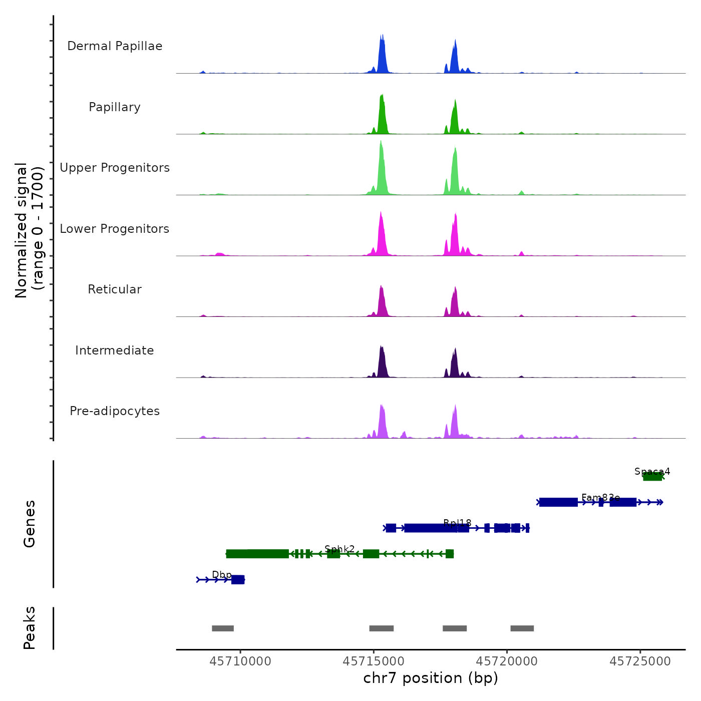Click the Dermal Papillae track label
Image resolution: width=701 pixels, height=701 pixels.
(x=115, y=46)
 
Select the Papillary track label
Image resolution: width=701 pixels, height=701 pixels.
(x=115, y=107)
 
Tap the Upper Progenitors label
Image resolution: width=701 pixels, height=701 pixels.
(x=115, y=168)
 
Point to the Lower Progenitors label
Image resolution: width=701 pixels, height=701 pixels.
(x=115, y=229)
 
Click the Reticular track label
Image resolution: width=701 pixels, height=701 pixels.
(x=115, y=289)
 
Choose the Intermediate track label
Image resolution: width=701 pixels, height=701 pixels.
(x=115, y=350)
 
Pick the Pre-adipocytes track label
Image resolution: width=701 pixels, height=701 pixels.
(x=115, y=411)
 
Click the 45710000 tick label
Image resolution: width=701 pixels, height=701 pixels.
(x=240, y=661)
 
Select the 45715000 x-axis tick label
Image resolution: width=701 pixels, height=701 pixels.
(x=374, y=661)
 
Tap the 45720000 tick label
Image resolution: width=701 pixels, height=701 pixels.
(x=507, y=661)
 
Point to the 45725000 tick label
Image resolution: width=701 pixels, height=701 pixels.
(x=640, y=661)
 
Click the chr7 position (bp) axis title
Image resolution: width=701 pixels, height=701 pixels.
(x=431, y=678)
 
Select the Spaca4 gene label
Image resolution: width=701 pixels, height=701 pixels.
(x=652, y=471)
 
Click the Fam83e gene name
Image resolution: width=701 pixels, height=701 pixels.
(x=600, y=497)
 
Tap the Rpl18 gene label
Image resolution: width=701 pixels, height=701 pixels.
(x=457, y=523)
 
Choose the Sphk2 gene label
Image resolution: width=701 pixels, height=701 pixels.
(x=339, y=549)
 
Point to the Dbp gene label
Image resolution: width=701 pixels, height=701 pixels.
(x=222, y=575)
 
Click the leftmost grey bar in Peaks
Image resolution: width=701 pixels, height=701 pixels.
(x=223, y=628)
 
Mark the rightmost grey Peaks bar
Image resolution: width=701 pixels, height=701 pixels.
(x=522, y=628)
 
